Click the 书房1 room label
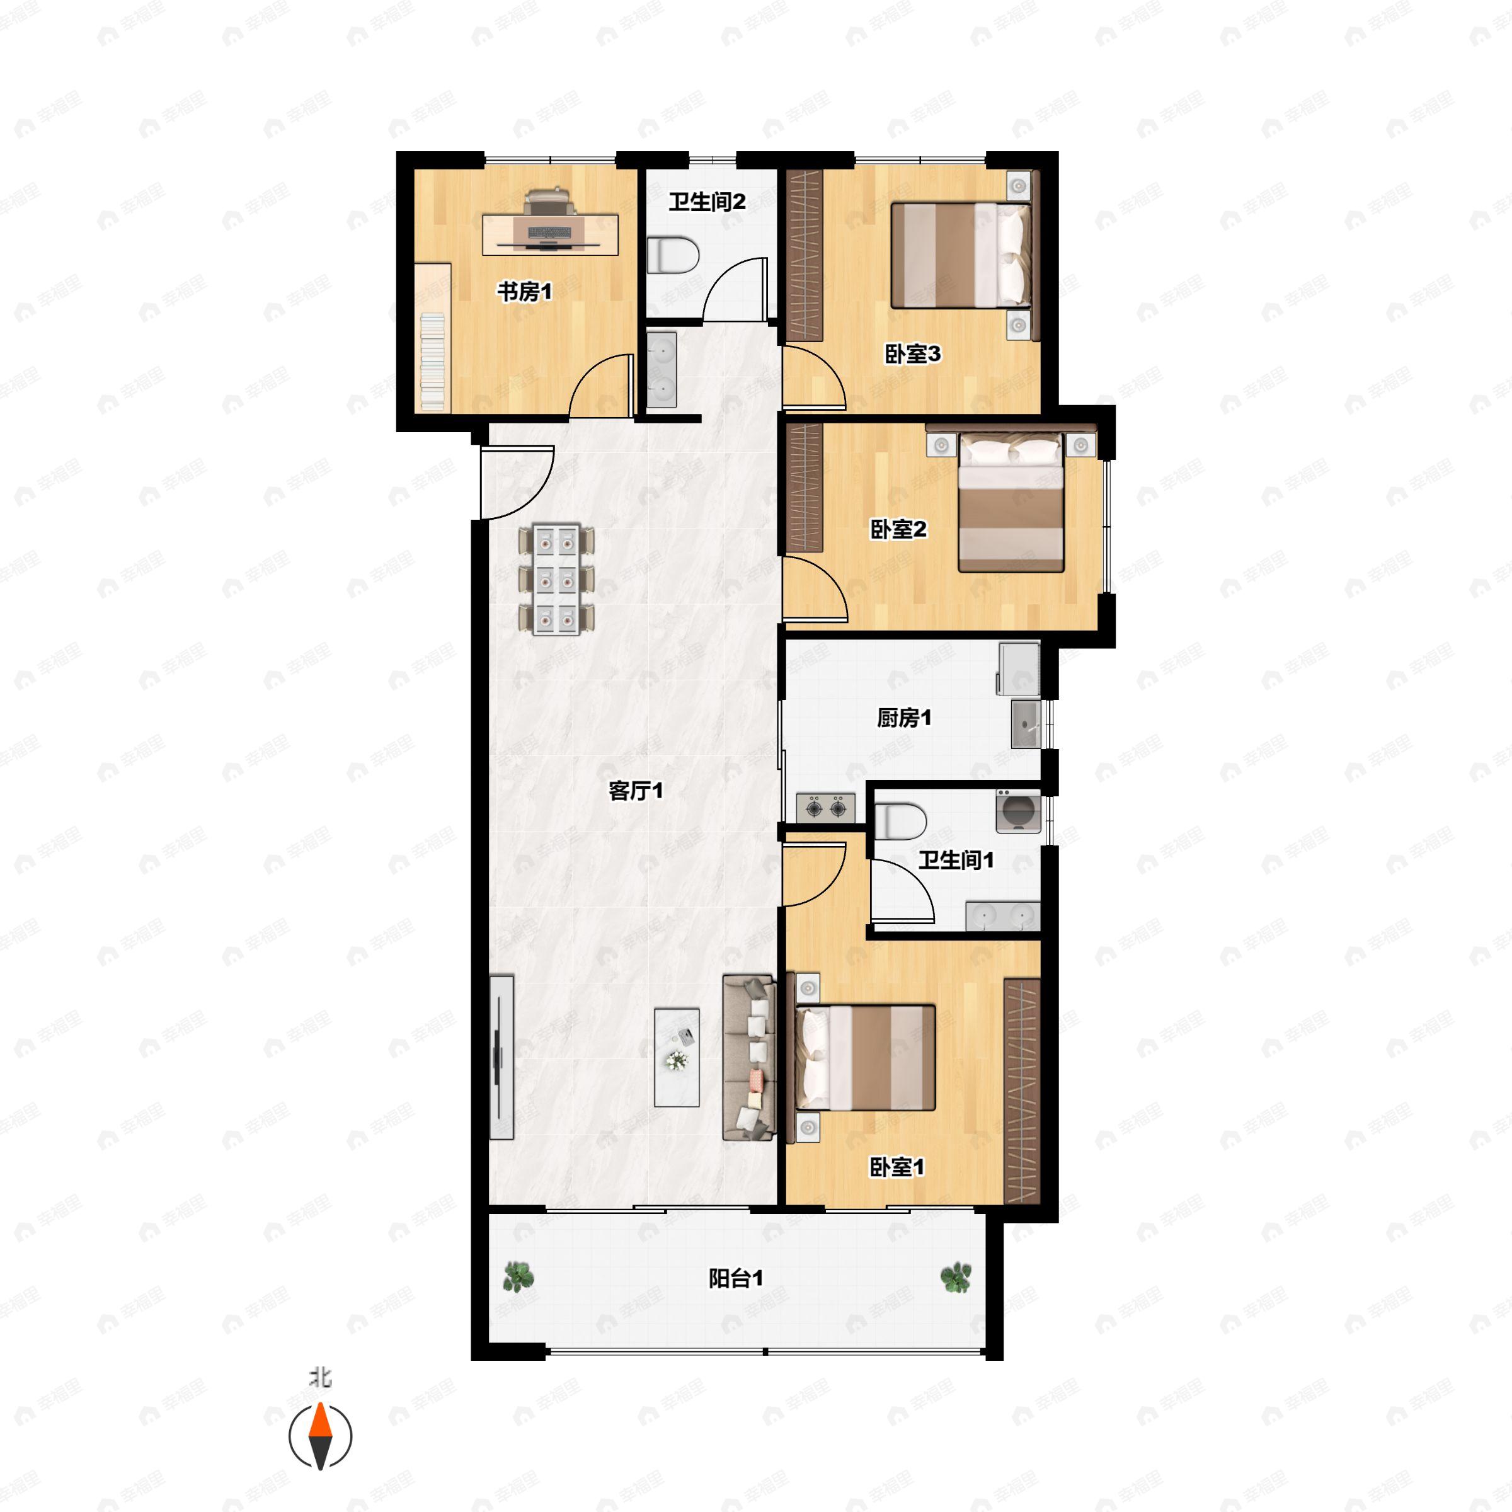click(524, 292)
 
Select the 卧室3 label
click(912, 353)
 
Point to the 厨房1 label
click(903, 718)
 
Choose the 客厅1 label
click(636, 791)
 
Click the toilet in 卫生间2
click(673, 255)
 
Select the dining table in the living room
click(556, 579)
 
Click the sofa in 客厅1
click(749, 1057)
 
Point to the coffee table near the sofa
click(677, 1057)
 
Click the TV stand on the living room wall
click(501, 1057)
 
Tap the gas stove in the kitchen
click(826, 807)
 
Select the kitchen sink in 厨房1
click(1025, 724)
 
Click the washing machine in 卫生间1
click(1017, 811)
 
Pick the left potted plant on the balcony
click(517, 1276)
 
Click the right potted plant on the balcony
click(956, 1277)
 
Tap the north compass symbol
click(320, 1436)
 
